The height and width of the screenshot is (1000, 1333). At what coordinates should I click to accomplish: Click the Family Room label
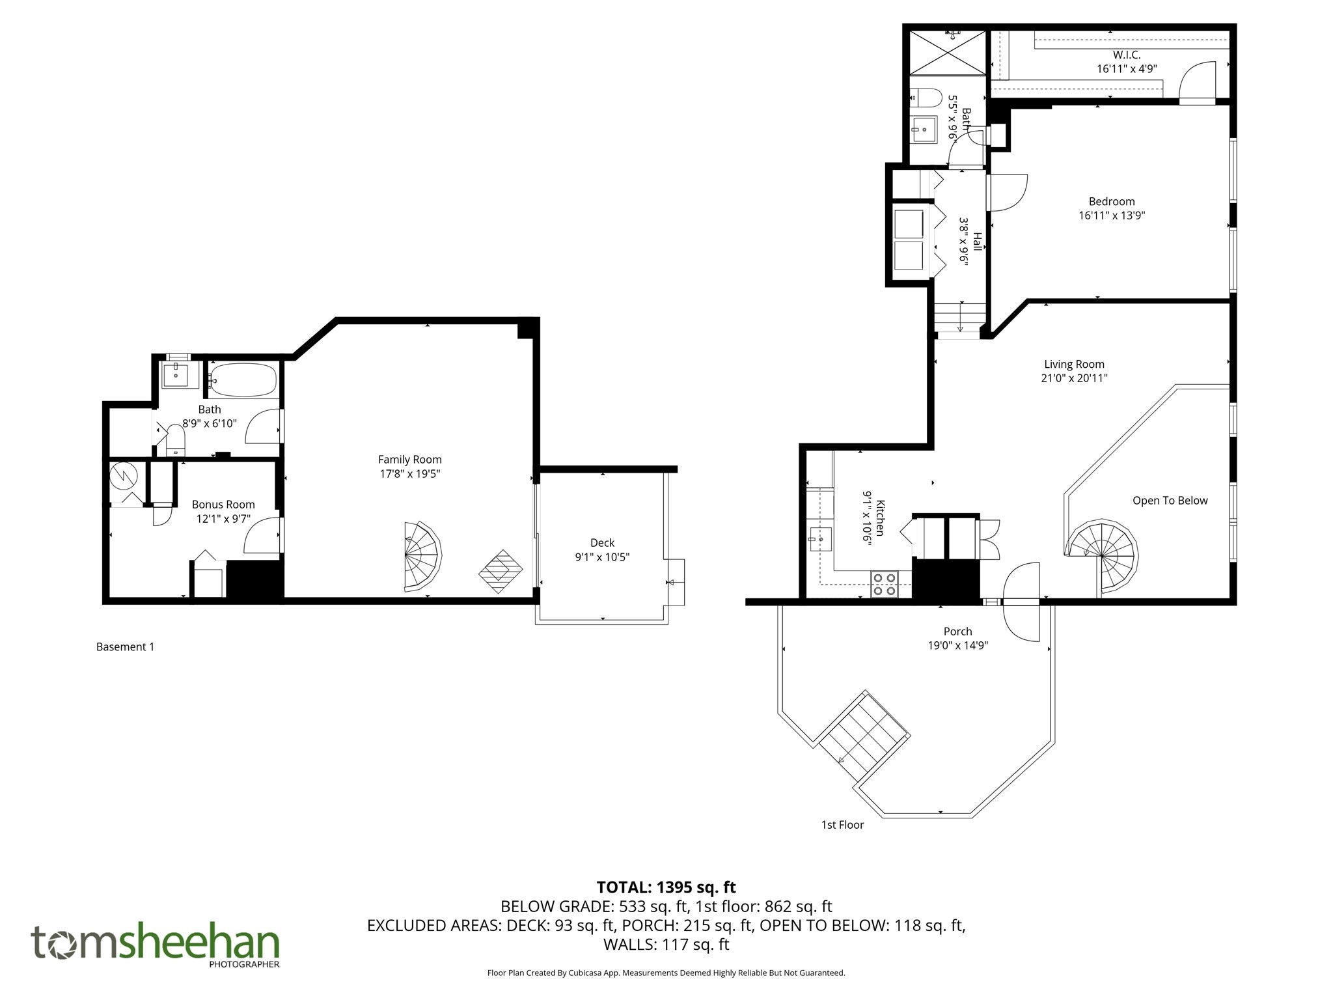[x=409, y=460]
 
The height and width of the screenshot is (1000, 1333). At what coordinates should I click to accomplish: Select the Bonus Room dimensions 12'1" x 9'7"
[x=223, y=519]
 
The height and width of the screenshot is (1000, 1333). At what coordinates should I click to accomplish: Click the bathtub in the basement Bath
[x=243, y=380]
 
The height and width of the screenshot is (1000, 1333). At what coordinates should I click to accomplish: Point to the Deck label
[x=602, y=542]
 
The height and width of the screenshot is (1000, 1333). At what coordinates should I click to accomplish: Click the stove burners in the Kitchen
[x=884, y=583]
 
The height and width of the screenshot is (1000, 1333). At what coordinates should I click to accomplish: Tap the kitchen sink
[x=820, y=540]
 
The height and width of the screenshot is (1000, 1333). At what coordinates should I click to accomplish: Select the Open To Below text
[x=1170, y=501]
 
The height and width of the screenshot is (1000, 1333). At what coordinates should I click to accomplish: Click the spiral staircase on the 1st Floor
[x=1102, y=555]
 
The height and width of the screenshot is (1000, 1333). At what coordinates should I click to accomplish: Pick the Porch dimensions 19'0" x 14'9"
[x=957, y=645]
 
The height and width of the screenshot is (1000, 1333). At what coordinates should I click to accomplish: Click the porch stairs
[x=864, y=736]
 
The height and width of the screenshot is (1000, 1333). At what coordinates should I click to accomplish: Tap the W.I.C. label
[x=1126, y=55]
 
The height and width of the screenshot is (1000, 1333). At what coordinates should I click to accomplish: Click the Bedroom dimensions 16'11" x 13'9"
[x=1111, y=215]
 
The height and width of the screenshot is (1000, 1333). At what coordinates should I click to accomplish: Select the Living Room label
[x=1074, y=364]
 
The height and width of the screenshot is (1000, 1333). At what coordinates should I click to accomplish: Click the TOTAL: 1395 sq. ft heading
[x=666, y=887]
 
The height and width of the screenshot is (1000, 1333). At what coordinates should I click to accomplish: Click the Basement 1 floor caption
[x=125, y=646]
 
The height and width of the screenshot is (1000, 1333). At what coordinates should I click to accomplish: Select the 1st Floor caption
[x=842, y=825]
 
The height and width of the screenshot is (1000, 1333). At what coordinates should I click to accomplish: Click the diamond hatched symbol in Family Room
[x=501, y=572]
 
